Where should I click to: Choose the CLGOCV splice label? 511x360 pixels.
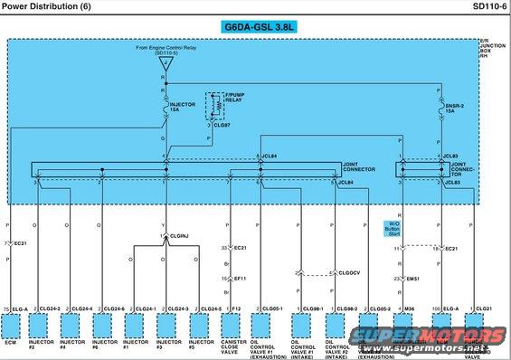click(x=348, y=272)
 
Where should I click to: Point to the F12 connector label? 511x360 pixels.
click(x=236, y=308)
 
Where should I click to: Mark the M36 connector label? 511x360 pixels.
click(x=410, y=308)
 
